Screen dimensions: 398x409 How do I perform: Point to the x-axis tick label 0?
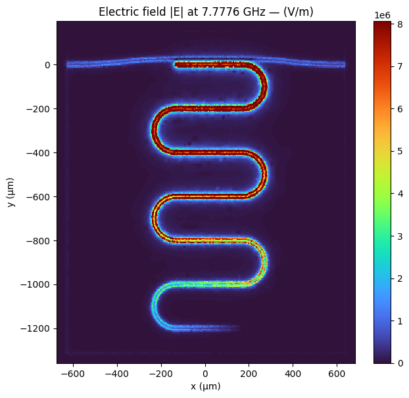tap(205, 374)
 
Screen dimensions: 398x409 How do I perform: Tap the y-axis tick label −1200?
tap(38, 328)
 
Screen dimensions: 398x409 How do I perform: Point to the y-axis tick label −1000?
tap(38, 284)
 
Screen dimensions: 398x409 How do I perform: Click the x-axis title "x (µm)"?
tap(205, 386)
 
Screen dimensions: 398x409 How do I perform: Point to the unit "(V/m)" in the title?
tap(295, 11)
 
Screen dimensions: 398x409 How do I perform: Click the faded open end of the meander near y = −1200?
tap(233, 327)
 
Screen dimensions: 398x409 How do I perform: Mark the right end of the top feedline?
tap(343, 64)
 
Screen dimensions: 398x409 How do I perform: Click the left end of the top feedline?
tap(68, 64)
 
